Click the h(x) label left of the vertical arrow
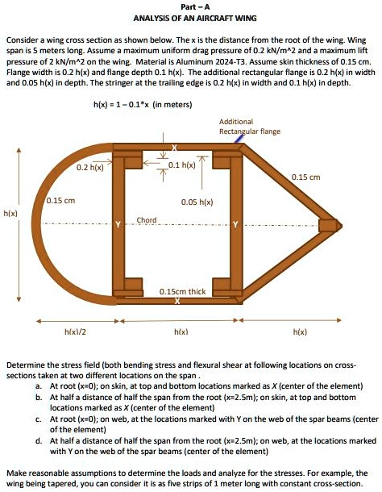(11, 214)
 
